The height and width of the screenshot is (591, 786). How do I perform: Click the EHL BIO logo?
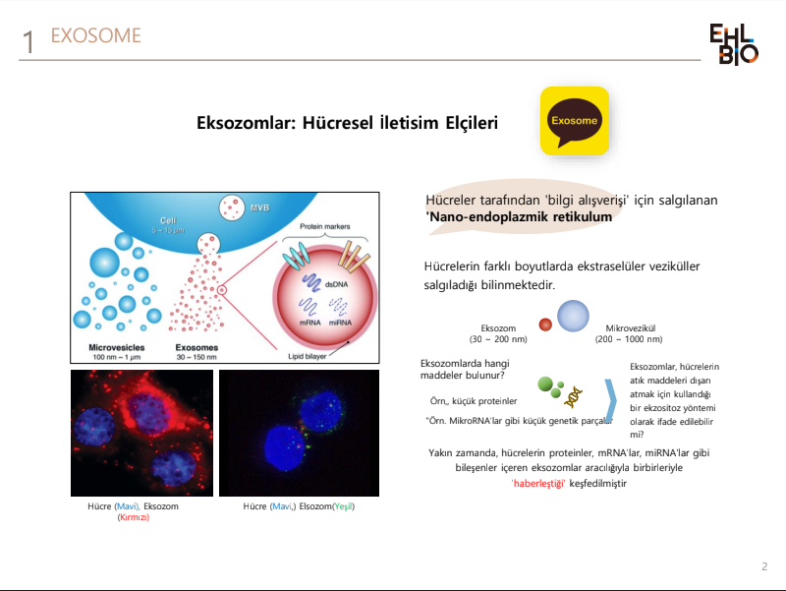click(734, 44)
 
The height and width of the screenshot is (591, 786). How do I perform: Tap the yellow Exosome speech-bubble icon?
click(575, 121)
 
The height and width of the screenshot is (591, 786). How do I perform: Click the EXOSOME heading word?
click(95, 35)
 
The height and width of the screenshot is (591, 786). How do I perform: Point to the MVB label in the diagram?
click(259, 207)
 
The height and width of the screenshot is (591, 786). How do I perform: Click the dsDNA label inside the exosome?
click(336, 284)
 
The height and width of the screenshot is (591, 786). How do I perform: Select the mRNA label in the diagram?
click(309, 323)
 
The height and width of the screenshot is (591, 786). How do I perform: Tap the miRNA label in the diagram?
click(340, 323)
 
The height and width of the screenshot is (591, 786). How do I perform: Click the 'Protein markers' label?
click(325, 226)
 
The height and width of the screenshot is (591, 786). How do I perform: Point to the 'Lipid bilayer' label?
click(307, 356)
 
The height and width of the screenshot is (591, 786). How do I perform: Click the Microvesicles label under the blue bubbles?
click(116, 347)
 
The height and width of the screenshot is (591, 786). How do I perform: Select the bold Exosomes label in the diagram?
click(196, 347)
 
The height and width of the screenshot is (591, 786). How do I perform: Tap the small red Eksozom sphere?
click(545, 325)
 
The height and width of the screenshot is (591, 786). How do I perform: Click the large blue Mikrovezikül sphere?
click(573, 316)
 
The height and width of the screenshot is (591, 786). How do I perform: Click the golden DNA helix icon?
click(573, 397)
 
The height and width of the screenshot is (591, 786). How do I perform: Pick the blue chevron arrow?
click(611, 400)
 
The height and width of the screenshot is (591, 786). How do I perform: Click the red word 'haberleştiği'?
click(538, 483)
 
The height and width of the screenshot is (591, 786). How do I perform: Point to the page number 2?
click(764, 566)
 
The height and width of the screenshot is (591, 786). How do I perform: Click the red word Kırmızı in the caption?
click(134, 517)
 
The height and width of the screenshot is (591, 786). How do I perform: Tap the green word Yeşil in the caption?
click(343, 506)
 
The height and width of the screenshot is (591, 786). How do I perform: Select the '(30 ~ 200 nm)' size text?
click(498, 339)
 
